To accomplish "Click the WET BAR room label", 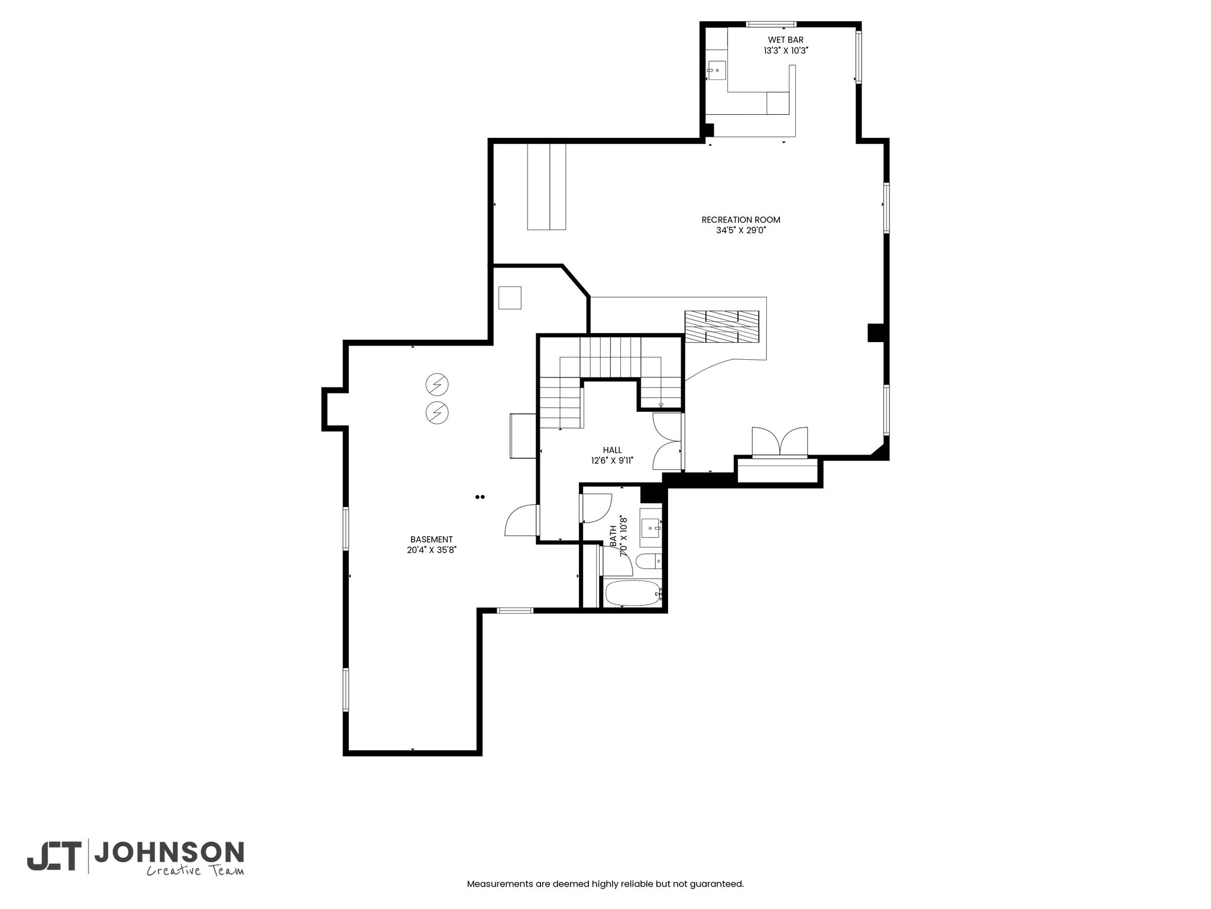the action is (x=785, y=40).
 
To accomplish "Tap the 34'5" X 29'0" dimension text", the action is (x=741, y=230).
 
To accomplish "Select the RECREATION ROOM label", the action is (x=741, y=220).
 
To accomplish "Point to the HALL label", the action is (x=612, y=450).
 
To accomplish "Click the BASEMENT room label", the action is (x=432, y=539).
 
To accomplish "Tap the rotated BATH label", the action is (x=613, y=536).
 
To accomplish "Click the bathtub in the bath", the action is (x=632, y=593).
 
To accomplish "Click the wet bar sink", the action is (x=717, y=70).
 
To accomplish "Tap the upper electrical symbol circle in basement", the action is (x=437, y=385).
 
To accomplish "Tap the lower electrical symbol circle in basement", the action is (x=437, y=412).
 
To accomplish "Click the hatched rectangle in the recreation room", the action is (x=722, y=327).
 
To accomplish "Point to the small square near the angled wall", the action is (x=510, y=298).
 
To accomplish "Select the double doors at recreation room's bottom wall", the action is (x=779, y=442).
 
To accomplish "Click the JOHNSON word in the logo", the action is (x=169, y=852).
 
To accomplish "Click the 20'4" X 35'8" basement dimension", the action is (x=432, y=550).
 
